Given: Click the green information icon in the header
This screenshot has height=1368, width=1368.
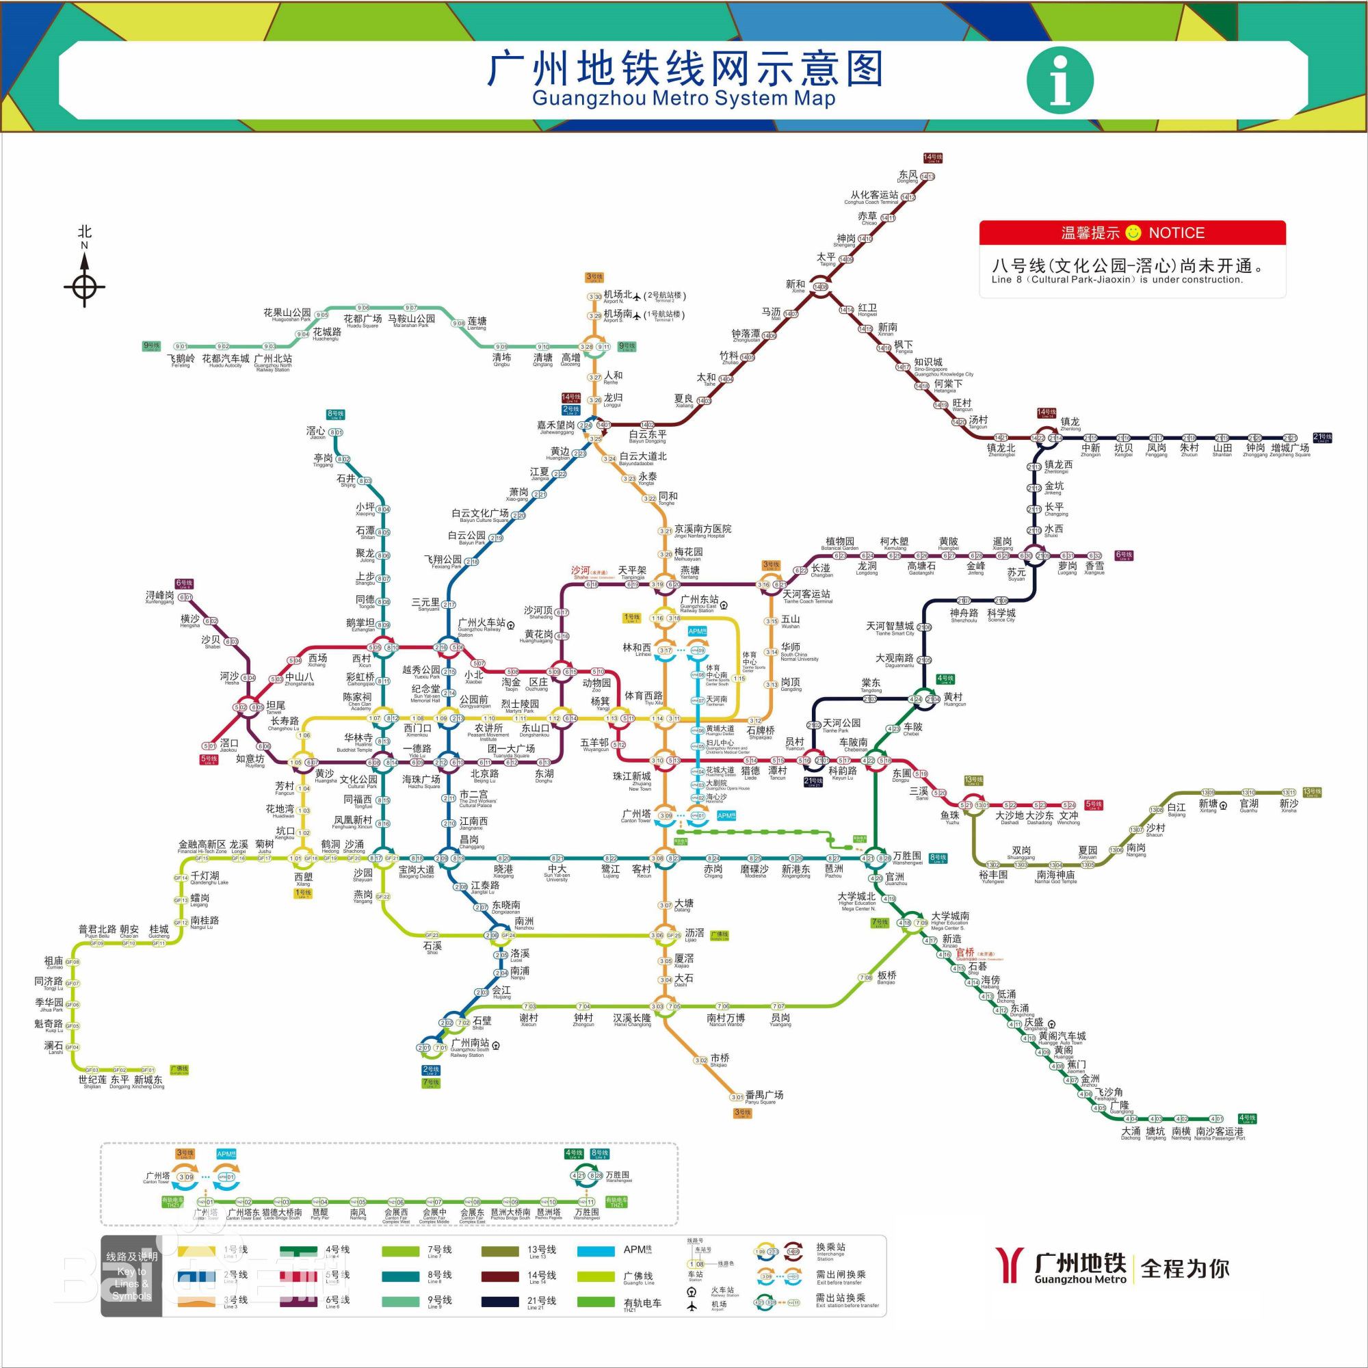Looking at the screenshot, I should pyautogui.click(x=1060, y=80).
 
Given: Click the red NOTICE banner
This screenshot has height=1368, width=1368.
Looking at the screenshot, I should pyautogui.click(x=1131, y=233).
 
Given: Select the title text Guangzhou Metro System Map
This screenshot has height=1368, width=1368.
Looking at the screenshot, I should pyautogui.click(x=683, y=98).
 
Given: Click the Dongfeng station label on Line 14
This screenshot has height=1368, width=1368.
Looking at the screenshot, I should pyautogui.click(x=908, y=176).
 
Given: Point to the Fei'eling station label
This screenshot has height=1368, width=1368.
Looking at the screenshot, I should pyautogui.click(x=181, y=360).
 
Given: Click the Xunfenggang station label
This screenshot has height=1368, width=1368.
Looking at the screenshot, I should pyautogui.click(x=159, y=597).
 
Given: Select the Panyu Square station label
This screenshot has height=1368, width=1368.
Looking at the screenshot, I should pyautogui.click(x=764, y=1096).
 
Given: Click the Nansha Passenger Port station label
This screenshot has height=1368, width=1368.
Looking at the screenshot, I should pyautogui.click(x=1220, y=1133).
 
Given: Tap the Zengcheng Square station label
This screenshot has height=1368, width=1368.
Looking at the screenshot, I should pyautogui.click(x=1290, y=449).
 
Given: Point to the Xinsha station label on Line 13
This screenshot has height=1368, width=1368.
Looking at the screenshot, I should pyautogui.click(x=1289, y=805).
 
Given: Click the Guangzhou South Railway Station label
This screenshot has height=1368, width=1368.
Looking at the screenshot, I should pyautogui.click(x=470, y=1045).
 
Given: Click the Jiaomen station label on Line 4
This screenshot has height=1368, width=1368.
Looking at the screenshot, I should pyautogui.click(x=1076, y=1066).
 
